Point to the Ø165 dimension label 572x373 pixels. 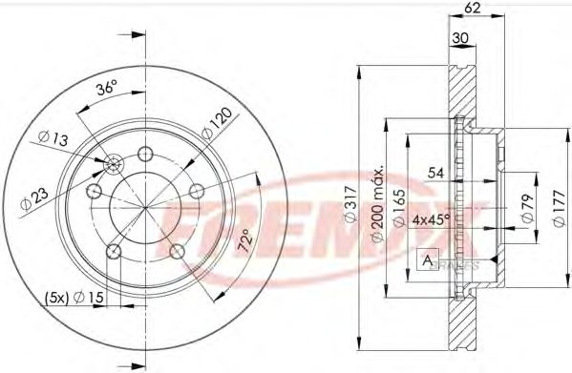click(x=394, y=202)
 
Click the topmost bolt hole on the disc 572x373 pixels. click(x=145, y=155)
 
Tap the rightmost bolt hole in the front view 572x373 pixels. click(x=196, y=192)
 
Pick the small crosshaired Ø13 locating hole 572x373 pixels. click(x=114, y=165)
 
